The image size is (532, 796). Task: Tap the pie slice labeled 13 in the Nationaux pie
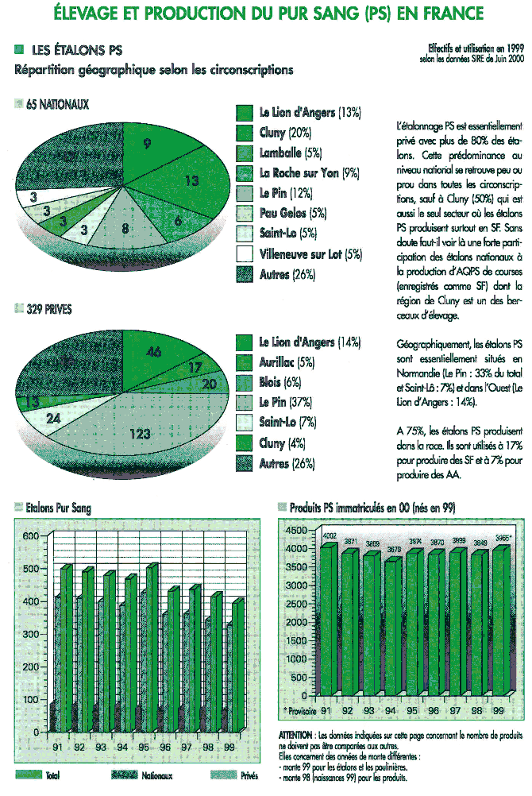[x=191, y=181]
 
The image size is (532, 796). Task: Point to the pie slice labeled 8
[x=125, y=229]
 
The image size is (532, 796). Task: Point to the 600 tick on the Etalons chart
[x=29, y=536]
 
